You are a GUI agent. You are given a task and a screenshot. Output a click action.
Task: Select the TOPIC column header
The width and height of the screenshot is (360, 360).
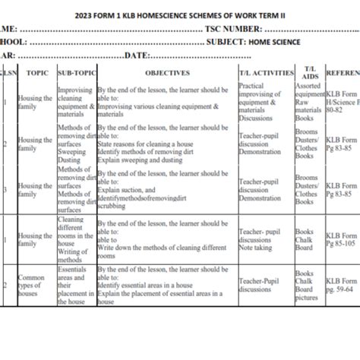36,73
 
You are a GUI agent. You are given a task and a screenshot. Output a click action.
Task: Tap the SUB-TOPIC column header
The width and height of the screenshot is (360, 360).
76,73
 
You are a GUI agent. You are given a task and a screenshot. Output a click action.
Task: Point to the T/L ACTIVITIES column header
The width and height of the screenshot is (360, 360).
265,73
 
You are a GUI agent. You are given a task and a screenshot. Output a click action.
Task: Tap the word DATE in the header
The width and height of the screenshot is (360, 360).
138,55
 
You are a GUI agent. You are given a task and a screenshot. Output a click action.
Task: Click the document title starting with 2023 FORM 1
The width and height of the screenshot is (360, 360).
180,14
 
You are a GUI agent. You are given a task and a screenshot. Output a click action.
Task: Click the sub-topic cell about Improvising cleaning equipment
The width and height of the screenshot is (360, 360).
76,104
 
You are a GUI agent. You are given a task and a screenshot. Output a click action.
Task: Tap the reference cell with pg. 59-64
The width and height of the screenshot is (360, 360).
340,284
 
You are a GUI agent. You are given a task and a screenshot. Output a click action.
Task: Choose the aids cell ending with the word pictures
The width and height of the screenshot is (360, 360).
308,284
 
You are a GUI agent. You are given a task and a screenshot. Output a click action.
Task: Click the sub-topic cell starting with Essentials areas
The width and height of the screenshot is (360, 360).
76,284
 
